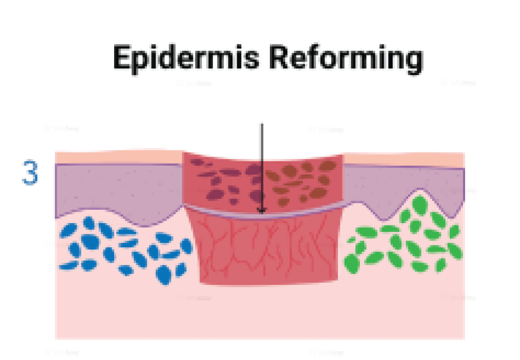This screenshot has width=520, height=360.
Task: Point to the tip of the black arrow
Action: point(262,213)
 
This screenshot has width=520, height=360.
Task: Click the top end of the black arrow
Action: point(262,125)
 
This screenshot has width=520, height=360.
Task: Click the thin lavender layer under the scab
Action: point(222,211)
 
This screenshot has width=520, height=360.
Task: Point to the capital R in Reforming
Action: point(282,57)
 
